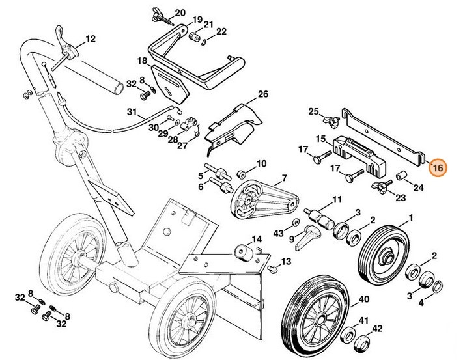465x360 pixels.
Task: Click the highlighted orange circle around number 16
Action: coord(438,168)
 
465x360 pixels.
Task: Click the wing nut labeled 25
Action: coord(332,117)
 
